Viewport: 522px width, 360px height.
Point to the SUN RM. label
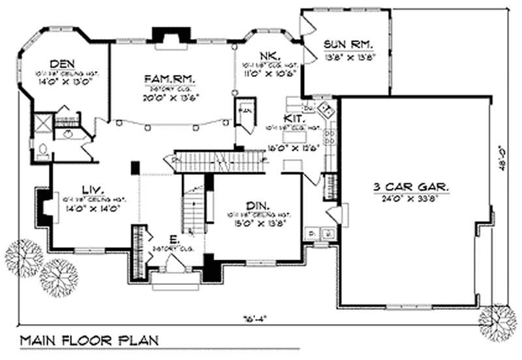(x=349, y=44)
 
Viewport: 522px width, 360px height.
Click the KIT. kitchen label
(x=292, y=118)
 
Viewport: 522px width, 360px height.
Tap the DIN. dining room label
(x=263, y=205)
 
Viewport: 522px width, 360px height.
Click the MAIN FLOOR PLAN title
(x=87, y=341)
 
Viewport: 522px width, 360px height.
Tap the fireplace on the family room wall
(x=161, y=35)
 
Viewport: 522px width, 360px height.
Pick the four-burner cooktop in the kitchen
(x=330, y=137)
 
